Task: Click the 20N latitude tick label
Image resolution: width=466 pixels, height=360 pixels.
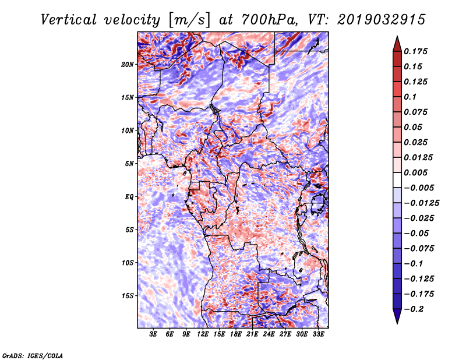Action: pos(128,65)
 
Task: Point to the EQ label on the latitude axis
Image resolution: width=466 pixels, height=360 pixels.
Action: pos(129,197)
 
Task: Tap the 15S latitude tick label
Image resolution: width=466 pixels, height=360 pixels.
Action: pos(128,296)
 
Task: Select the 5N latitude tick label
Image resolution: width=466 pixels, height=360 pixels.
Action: pos(129,164)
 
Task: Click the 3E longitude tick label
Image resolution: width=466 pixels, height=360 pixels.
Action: pos(153,334)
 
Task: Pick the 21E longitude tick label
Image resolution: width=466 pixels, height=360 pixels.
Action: pos(252,334)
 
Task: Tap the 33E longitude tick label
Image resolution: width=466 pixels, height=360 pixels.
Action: pos(318,334)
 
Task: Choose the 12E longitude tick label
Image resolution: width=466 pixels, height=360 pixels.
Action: pos(203,334)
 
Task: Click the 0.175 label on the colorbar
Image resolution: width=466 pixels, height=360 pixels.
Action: pos(415,51)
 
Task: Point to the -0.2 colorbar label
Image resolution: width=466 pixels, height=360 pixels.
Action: pos(414,309)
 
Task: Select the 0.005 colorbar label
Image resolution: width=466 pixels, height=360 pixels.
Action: pos(415,172)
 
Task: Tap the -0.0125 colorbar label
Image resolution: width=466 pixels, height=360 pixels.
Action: pos(421,203)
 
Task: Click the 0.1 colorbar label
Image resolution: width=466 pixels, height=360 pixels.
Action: pos(410,97)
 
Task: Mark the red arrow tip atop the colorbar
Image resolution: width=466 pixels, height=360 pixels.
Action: pos(397,36)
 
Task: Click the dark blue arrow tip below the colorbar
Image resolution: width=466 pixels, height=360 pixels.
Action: pos(397,324)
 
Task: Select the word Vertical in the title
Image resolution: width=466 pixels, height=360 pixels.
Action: pos(69,20)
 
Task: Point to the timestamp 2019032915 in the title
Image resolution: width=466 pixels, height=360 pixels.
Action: pos(382,20)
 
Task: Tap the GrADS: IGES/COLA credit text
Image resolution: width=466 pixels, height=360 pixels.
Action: pos(33,355)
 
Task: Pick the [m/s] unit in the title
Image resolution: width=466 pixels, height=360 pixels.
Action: pos(189,20)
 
